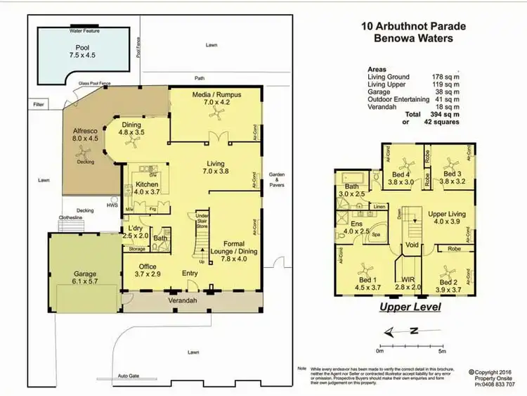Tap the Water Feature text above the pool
[x=83, y=31]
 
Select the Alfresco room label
[x=85, y=131]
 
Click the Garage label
[x=85, y=274]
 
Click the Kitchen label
[x=147, y=184]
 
